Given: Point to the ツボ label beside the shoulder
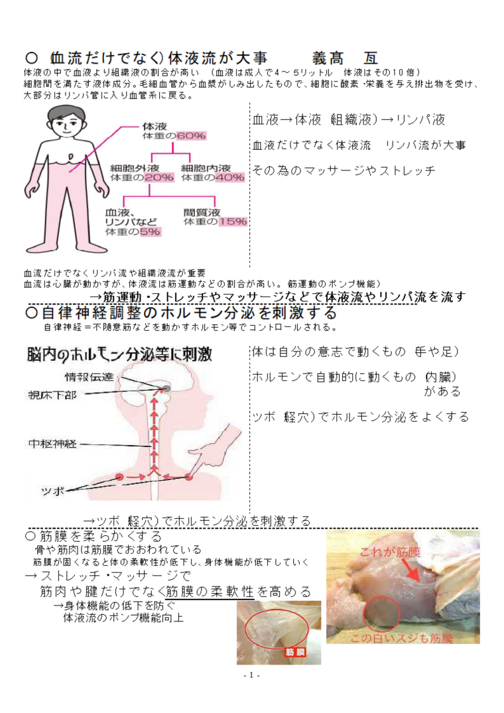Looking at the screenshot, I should point(52,491).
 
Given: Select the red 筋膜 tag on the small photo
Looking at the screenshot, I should point(294,652).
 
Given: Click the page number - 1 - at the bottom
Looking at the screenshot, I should point(252,675).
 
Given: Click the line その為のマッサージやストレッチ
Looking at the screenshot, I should point(344,170).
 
